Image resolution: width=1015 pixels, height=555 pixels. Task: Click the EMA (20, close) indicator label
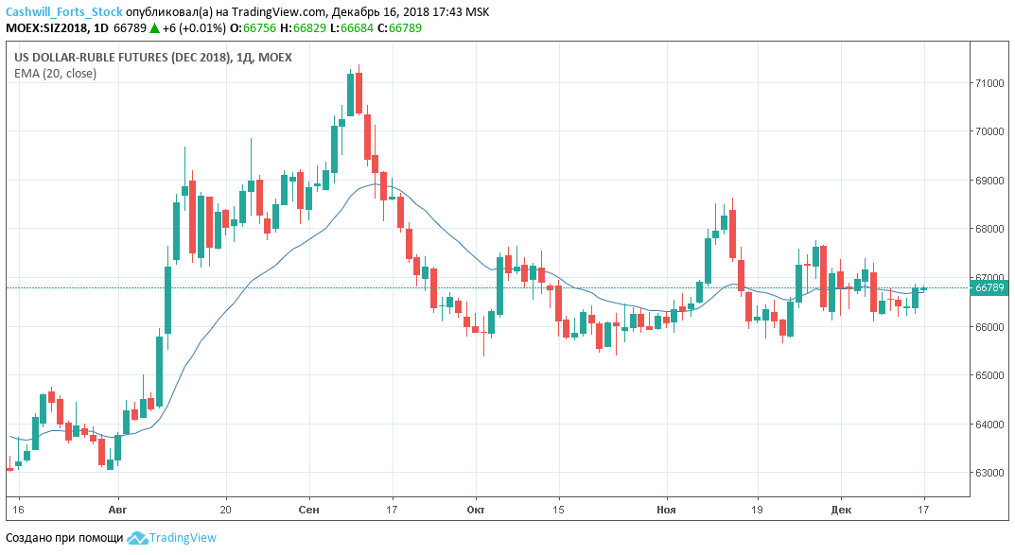coord(55,74)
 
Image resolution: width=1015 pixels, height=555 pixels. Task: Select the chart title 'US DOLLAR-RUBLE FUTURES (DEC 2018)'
coord(122,58)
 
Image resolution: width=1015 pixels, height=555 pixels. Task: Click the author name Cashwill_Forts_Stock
coord(64,12)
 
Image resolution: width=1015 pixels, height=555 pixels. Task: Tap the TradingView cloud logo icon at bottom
coord(137,538)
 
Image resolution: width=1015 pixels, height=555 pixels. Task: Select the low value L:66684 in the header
coord(352,28)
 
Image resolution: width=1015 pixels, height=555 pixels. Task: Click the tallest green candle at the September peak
coord(351,95)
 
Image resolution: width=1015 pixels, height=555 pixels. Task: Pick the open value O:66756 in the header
coord(259,28)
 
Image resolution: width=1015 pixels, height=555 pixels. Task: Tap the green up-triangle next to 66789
coord(155,28)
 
